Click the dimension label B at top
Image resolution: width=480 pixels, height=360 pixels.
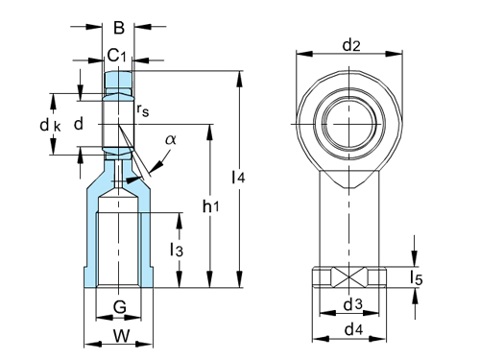(x=119, y=28)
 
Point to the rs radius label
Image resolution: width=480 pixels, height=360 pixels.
(x=143, y=112)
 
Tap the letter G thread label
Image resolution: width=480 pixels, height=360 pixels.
(x=118, y=306)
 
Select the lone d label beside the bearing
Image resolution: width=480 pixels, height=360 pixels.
(x=80, y=124)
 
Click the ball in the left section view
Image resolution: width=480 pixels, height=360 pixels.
(x=119, y=123)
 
